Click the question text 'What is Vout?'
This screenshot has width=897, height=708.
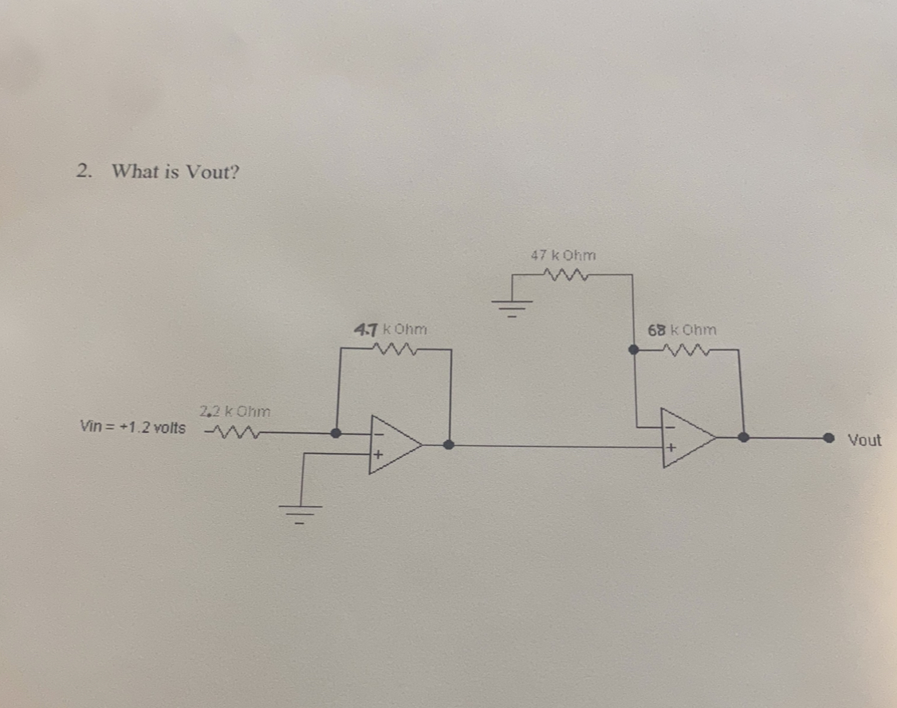point(175,171)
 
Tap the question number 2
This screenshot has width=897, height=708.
point(84,171)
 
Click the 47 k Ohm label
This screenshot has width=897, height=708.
point(563,256)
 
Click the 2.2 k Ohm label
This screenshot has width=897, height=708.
point(235,412)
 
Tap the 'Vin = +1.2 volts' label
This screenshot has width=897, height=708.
point(133,427)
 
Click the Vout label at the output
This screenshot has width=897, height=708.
point(864,440)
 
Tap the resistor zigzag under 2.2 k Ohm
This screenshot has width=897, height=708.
point(229,435)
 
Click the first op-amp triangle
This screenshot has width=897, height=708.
point(393,445)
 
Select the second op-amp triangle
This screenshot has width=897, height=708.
point(687,438)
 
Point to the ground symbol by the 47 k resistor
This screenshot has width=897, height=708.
point(513,305)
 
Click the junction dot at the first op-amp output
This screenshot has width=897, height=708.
point(449,445)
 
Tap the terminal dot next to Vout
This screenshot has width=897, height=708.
point(829,437)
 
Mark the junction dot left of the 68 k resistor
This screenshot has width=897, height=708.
point(633,349)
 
